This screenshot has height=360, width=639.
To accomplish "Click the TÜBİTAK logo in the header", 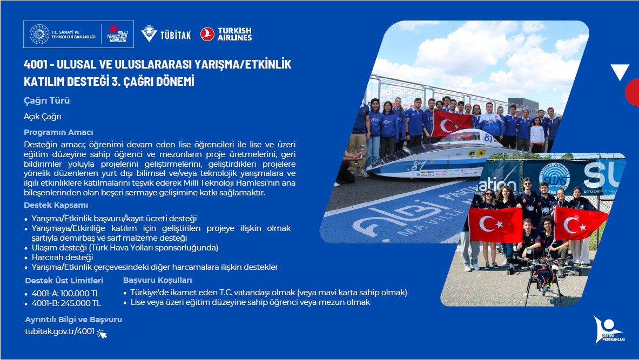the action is click(166, 34).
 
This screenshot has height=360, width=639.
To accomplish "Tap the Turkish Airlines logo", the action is click(226, 34).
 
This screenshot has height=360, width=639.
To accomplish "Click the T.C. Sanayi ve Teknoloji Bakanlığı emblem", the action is click(39, 34).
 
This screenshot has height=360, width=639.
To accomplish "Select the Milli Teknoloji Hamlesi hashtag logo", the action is click(117, 34).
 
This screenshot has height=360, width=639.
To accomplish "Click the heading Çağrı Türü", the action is click(47, 100).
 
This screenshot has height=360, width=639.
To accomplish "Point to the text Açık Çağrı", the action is click(42, 117).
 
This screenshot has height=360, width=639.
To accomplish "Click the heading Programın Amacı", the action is click(58, 132).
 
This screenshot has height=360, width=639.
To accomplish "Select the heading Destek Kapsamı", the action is click(56, 205).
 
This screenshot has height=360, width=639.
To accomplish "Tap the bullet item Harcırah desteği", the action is click(62, 257).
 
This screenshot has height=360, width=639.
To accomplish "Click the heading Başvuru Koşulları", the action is click(158, 280).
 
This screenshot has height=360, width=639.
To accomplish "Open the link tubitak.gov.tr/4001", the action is click(59, 331).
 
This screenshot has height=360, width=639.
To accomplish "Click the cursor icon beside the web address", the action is click(102, 334).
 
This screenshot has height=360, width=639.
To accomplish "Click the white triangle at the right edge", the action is click(620, 71).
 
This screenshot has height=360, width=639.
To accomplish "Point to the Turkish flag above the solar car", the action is click(452, 124).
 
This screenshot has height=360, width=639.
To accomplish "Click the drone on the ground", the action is click(544, 277).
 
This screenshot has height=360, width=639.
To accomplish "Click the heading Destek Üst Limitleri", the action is click(64, 281).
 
